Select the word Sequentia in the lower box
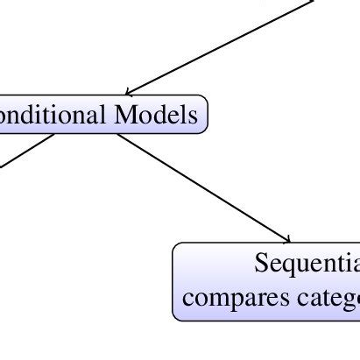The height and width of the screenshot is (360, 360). (x=307, y=264)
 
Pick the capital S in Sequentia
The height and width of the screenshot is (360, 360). (x=261, y=263)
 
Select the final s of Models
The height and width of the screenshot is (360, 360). (x=193, y=115)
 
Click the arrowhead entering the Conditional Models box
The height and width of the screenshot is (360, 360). (x=128, y=92)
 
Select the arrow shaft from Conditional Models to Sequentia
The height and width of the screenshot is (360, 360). (x=201, y=187)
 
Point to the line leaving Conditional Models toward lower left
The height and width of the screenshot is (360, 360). (x=26, y=149)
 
